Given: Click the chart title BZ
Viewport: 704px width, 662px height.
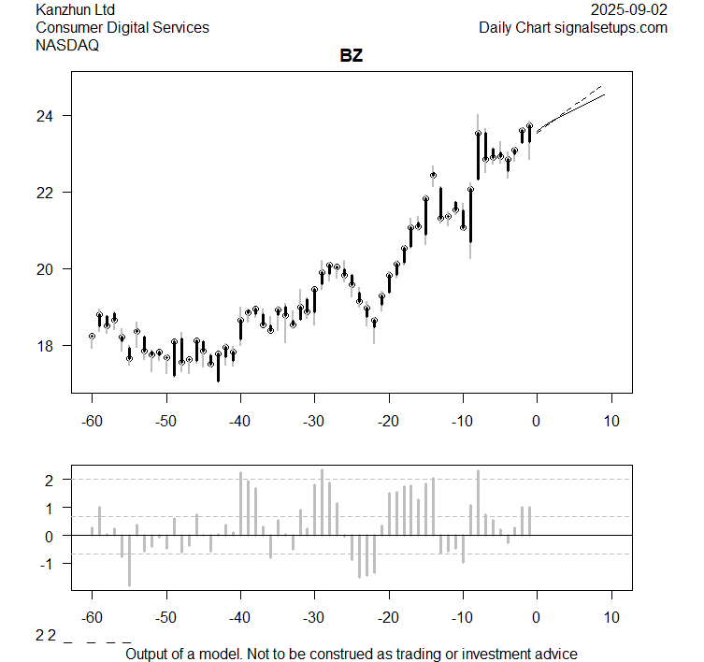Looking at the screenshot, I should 352,56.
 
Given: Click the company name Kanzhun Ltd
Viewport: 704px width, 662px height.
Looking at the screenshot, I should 76,9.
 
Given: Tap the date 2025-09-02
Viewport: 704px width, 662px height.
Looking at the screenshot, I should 630,9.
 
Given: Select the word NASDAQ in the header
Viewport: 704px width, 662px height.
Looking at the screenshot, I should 67,46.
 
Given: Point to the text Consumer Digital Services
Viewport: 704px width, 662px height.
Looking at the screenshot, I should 122,27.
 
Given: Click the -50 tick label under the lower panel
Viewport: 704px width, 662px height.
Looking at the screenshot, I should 166,617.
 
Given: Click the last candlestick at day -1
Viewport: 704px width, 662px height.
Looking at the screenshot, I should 529,131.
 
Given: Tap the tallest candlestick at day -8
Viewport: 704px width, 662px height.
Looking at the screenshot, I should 478,154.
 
